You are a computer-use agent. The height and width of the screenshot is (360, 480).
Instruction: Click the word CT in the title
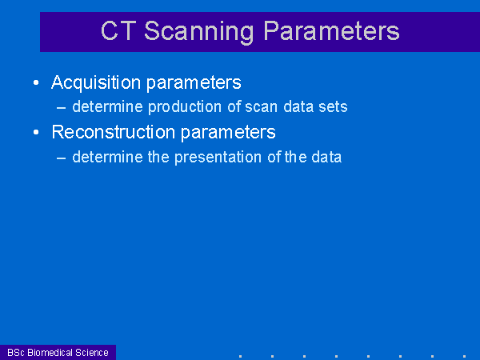pos(118,30)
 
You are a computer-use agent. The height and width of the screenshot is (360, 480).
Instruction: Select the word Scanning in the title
pos(199,33)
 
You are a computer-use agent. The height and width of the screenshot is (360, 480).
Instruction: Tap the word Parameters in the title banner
pos(331,30)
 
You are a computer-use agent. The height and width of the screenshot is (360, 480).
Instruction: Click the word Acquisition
pos(96,82)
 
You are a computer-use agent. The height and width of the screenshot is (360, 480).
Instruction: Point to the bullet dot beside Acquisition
pos(36,82)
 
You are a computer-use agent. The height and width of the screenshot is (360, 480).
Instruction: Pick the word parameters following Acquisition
pos(194,84)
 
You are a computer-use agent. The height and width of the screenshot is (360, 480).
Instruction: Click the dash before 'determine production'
pos(62,108)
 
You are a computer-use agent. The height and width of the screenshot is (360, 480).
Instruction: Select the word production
pos(185,107)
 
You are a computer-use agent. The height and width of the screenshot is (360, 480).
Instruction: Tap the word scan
pos(261,107)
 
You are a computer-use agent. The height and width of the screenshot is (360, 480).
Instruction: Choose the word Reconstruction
pos(114,132)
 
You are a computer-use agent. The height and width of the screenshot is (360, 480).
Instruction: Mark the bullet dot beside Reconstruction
pos(36,132)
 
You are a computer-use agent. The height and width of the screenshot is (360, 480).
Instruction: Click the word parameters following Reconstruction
pos(228,134)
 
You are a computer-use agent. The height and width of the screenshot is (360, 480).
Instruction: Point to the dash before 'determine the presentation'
pos(62,158)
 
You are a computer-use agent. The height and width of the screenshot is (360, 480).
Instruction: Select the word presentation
pos(218,158)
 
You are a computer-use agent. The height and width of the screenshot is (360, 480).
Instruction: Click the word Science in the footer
pos(92,353)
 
